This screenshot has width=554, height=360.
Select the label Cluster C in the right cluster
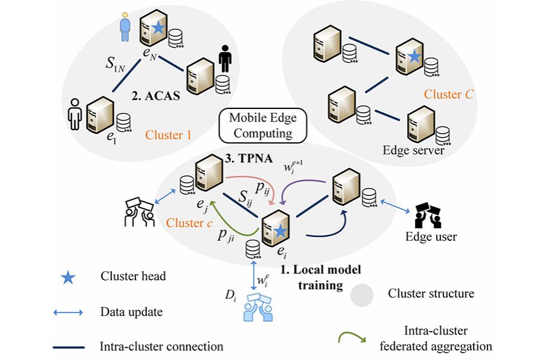(450, 94)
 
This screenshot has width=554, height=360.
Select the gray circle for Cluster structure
(365, 294)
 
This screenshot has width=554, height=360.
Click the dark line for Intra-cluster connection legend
(70, 347)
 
